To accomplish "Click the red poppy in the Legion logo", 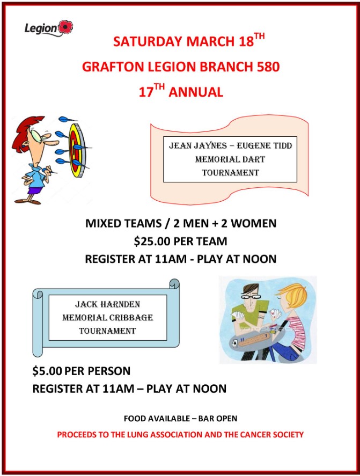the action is click(x=65, y=27).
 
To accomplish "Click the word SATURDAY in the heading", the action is click(x=148, y=41).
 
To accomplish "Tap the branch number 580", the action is click(x=268, y=67).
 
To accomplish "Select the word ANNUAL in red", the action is click(x=196, y=92).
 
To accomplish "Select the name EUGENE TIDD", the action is click(x=264, y=146).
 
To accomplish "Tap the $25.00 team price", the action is click(x=151, y=241).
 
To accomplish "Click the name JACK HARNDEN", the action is click(x=107, y=304).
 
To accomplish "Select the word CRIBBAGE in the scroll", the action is click(x=131, y=318).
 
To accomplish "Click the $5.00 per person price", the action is click(x=47, y=371).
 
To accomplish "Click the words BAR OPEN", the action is click(x=218, y=419).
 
